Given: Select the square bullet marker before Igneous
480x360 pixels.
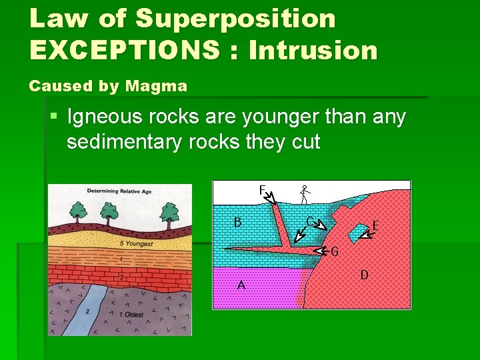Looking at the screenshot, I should [x=53, y=117].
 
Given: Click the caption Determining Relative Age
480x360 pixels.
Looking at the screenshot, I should [x=119, y=192].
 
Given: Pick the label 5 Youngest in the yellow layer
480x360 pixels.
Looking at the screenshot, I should [x=136, y=244].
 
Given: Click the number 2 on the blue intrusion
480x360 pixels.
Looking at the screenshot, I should [x=87, y=311].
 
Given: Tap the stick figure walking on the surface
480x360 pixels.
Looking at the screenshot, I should [x=305, y=193].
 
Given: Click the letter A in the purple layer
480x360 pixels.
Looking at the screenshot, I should [x=241, y=285].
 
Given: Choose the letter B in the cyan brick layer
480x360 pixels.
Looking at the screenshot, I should [x=237, y=222].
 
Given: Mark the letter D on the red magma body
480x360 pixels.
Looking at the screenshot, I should [x=364, y=274].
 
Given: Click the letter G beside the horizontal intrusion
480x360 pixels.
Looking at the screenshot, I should [x=335, y=252].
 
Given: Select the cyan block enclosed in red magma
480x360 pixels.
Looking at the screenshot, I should [x=357, y=231].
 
